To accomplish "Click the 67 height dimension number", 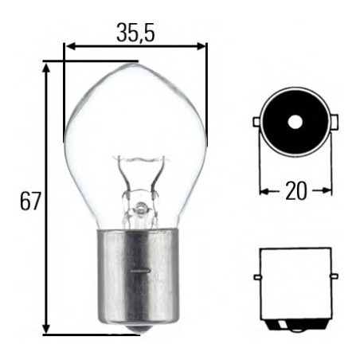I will pos(29,202).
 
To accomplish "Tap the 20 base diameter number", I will pos(295,191).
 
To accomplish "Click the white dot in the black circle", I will pos(295,122).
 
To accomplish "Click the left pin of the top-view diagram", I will pos(256,122).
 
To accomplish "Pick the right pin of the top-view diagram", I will pos(335,122).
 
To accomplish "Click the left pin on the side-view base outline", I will pos(257,276).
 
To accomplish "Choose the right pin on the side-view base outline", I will pos(334,276).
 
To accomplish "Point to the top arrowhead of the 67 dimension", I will pos(47,67).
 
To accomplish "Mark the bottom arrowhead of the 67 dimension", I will pos(47,328).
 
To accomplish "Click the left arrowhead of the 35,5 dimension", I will pos(69,46).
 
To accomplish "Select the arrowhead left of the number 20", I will pos(264,191).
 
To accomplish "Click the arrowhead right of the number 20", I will pos(327,191).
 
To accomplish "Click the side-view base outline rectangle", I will pos(295,283).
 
